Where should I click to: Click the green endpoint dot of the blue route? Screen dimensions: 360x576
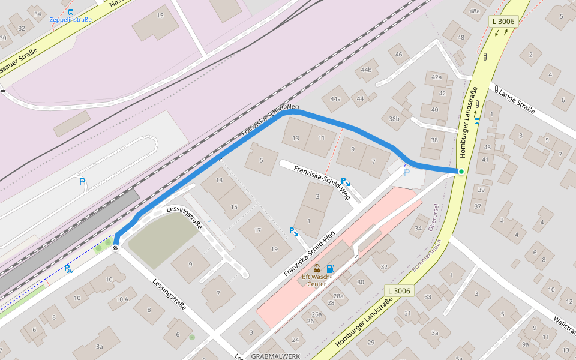pyautogui.click(x=461, y=172)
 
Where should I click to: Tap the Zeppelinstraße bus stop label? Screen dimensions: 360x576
pyautogui.click(x=71, y=19)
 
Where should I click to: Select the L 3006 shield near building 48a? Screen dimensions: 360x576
pyautogui.click(x=502, y=21)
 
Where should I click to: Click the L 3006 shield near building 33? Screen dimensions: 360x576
pyautogui.click(x=398, y=291)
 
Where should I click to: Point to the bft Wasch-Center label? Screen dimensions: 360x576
pyautogui.click(x=317, y=280)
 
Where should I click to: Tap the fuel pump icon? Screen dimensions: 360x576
pyautogui.click(x=330, y=269)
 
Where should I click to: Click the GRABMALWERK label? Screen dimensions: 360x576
pyautogui.click(x=275, y=356)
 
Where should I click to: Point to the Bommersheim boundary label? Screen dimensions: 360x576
pyautogui.click(x=430, y=253)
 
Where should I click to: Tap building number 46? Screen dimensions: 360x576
pyautogui.click(x=398, y=55)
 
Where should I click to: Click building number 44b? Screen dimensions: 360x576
pyautogui.click(x=366, y=70)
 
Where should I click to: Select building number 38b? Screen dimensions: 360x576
pyautogui.click(x=394, y=119)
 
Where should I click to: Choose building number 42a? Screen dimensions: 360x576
pyautogui.click(x=436, y=77)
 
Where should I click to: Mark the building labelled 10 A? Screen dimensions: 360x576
pyautogui.click(x=122, y=299)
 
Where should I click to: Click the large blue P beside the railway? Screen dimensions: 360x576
pyautogui.click(x=82, y=182)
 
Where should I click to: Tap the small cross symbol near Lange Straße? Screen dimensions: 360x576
pyautogui.click(x=514, y=116)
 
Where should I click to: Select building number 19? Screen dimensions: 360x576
pyautogui.click(x=274, y=248)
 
